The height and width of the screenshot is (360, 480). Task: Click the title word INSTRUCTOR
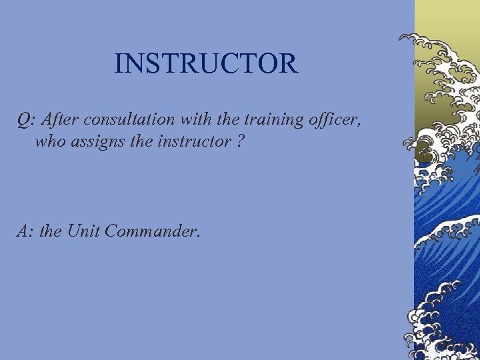point(205,64)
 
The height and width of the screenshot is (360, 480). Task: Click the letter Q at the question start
point(24,120)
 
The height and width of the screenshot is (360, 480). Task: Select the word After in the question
point(62,120)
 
